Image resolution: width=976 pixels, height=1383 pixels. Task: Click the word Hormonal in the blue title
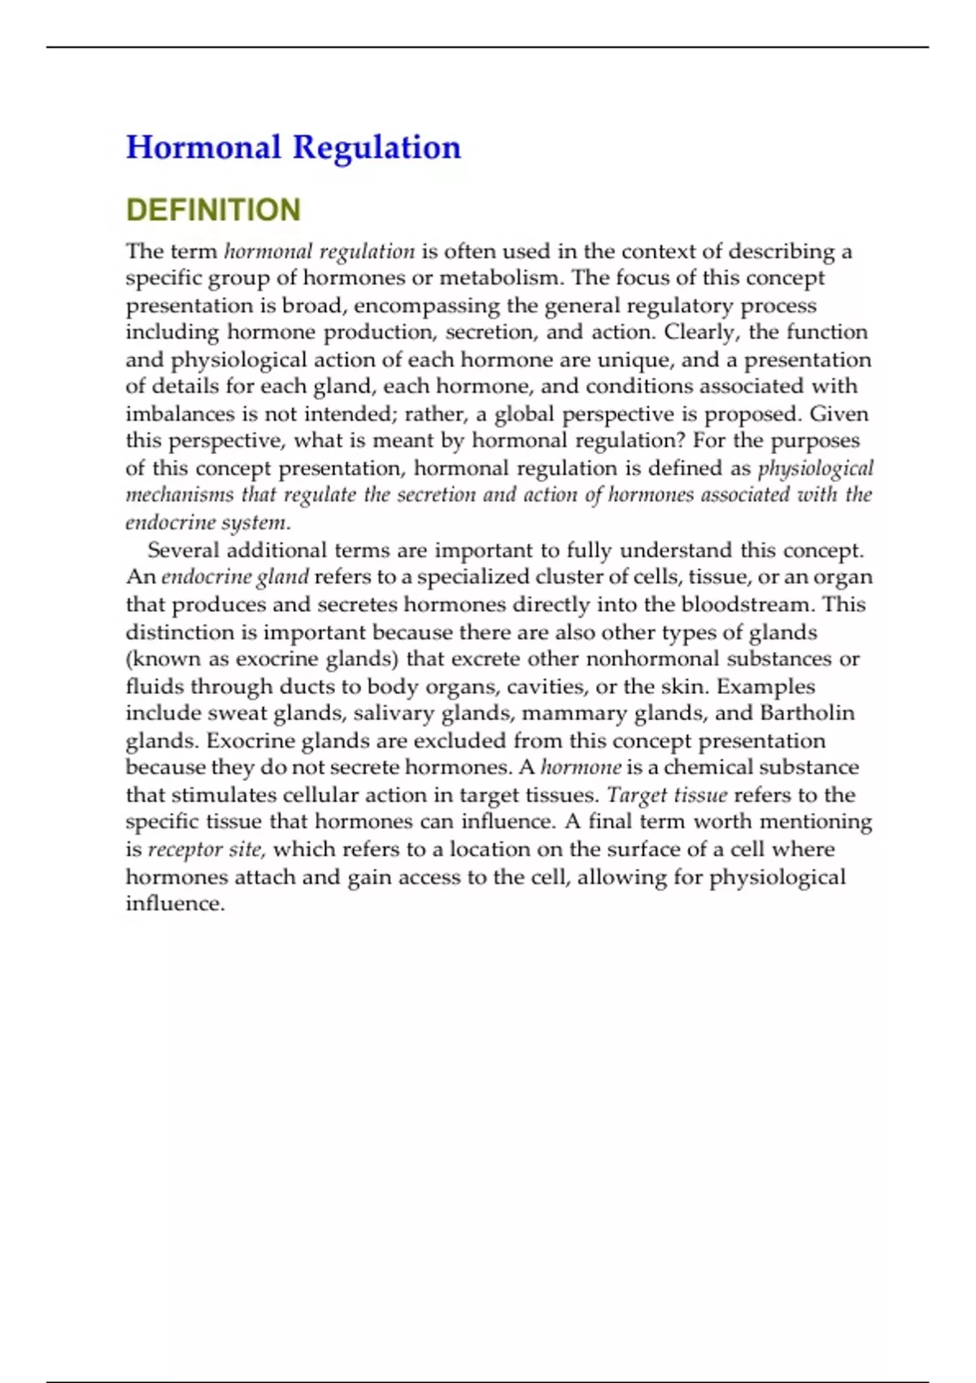(203, 147)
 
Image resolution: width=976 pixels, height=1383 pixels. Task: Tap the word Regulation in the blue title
(377, 147)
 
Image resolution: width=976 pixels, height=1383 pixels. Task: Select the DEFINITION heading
(213, 210)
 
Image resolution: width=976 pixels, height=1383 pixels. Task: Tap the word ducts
(306, 687)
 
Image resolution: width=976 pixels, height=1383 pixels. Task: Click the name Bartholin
(807, 713)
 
